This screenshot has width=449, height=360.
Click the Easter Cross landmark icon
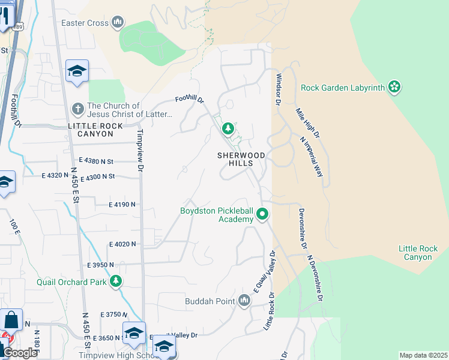(x=117, y=23)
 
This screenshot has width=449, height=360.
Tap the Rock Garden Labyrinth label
(x=342, y=88)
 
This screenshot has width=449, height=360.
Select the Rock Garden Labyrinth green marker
(x=394, y=88)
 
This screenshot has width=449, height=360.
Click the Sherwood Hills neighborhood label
(x=242, y=159)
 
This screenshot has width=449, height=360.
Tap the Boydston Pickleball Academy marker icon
(x=262, y=214)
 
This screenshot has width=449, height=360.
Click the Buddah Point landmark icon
(x=244, y=300)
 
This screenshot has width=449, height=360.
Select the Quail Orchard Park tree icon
(x=116, y=281)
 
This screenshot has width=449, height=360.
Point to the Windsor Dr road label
(x=278, y=89)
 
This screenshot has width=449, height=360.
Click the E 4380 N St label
(x=96, y=161)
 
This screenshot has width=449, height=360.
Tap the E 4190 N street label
(x=122, y=205)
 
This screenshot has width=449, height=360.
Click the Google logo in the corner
(x=20, y=353)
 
